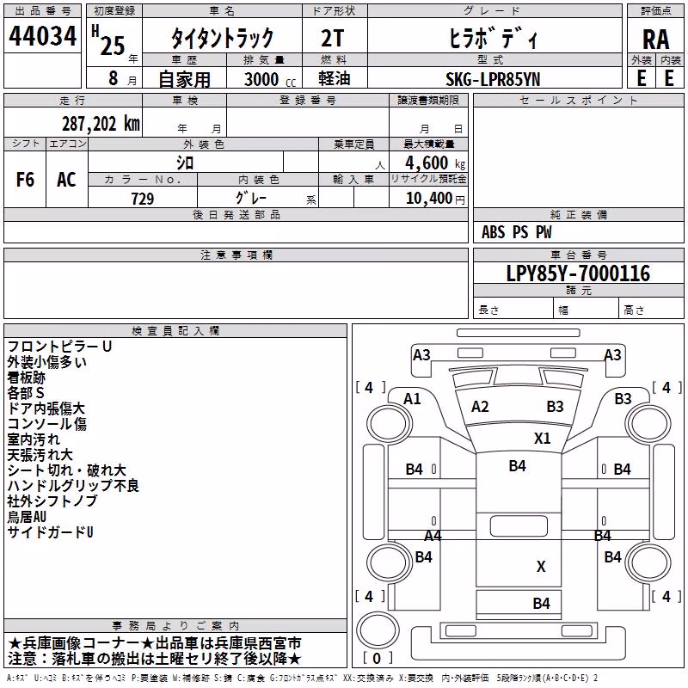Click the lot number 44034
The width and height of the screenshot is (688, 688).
(42, 36)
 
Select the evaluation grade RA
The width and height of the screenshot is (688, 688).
(655, 40)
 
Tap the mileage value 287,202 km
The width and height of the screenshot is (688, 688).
(101, 124)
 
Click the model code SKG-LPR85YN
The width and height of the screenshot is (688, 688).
(493, 79)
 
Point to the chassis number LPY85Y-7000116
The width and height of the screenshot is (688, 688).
(578, 273)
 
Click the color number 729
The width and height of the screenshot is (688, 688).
(143, 199)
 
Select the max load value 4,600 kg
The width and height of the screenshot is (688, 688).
(435, 163)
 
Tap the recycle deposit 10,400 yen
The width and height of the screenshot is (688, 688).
(435, 199)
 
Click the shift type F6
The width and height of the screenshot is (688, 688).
(25, 180)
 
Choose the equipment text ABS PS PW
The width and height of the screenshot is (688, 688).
(517, 232)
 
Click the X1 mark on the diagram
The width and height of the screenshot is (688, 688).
(542, 439)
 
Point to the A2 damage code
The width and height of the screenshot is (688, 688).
(480, 407)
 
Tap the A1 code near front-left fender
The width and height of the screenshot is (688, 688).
(412, 399)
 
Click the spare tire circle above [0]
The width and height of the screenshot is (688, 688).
(378, 629)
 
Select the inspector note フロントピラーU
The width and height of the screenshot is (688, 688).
(59, 347)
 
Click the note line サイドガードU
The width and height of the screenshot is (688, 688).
(50, 532)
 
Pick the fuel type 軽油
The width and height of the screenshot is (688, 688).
(335, 78)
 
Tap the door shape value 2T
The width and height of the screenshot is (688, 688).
(332, 39)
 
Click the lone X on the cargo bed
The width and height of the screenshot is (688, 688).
(541, 567)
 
